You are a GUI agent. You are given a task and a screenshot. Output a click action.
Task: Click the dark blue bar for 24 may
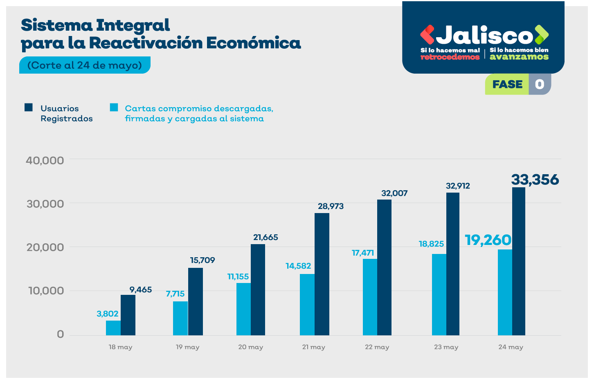point(518,261)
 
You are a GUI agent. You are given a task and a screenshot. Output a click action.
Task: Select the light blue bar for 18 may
point(113,328)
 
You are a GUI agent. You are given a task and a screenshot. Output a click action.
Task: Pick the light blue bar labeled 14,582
point(307,305)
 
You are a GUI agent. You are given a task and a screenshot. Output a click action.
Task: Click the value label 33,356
point(535,180)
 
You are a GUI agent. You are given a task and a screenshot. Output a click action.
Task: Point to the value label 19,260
point(488,240)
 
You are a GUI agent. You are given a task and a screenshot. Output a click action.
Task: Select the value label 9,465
point(140,290)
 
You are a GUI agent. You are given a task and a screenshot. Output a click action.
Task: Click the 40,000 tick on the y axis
point(45,160)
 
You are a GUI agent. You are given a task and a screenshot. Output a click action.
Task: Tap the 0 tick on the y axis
point(61,335)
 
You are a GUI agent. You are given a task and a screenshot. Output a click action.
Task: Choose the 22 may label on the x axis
point(377,347)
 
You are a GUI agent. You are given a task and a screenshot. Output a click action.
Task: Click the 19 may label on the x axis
point(187,347)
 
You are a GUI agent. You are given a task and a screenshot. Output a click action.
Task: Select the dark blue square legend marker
point(29,108)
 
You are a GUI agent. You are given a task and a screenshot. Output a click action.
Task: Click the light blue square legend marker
point(114,108)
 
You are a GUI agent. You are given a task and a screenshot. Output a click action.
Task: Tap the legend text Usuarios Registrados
point(66,113)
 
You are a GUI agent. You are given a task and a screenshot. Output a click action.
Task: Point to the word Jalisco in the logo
point(484,36)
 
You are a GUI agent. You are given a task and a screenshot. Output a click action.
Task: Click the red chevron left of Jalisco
point(427,35)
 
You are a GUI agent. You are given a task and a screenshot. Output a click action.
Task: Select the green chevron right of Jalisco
point(541,35)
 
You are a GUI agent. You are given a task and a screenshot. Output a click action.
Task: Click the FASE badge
point(507,84)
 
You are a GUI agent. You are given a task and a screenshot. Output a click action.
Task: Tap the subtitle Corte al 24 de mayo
point(85,65)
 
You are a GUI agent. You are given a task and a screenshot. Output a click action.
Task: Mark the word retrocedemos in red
point(450,57)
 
